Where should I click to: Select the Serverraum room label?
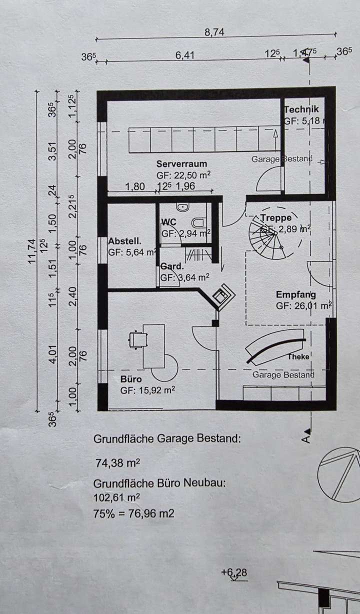[181, 164]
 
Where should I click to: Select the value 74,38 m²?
[117, 463]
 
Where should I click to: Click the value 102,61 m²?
[116, 497]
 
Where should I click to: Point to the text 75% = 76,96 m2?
[133, 513]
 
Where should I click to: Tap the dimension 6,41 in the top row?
[184, 55]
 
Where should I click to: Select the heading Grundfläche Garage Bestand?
[167, 439]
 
